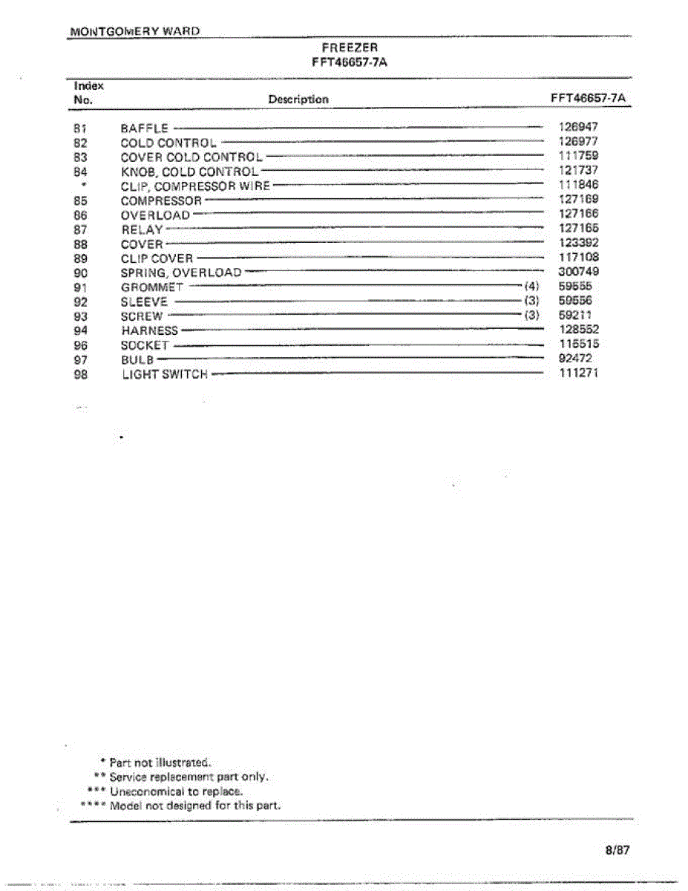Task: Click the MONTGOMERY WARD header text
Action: (x=135, y=32)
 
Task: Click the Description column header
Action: (x=298, y=99)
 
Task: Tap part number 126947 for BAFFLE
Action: (x=578, y=127)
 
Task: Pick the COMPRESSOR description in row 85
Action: (x=161, y=200)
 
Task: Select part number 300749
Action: (x=578, y=272)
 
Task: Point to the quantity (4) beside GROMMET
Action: (x=531, y=286)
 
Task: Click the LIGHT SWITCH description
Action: (x=165, y=374)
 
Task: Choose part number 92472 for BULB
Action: (x=575, y=358)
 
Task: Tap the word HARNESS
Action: (x=150, y=330)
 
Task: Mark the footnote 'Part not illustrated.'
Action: (x=160, y=763)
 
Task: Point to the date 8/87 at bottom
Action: (x=617, y=850)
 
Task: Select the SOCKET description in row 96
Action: (x=145, y=345)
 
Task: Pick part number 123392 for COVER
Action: (x=578, y=243)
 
